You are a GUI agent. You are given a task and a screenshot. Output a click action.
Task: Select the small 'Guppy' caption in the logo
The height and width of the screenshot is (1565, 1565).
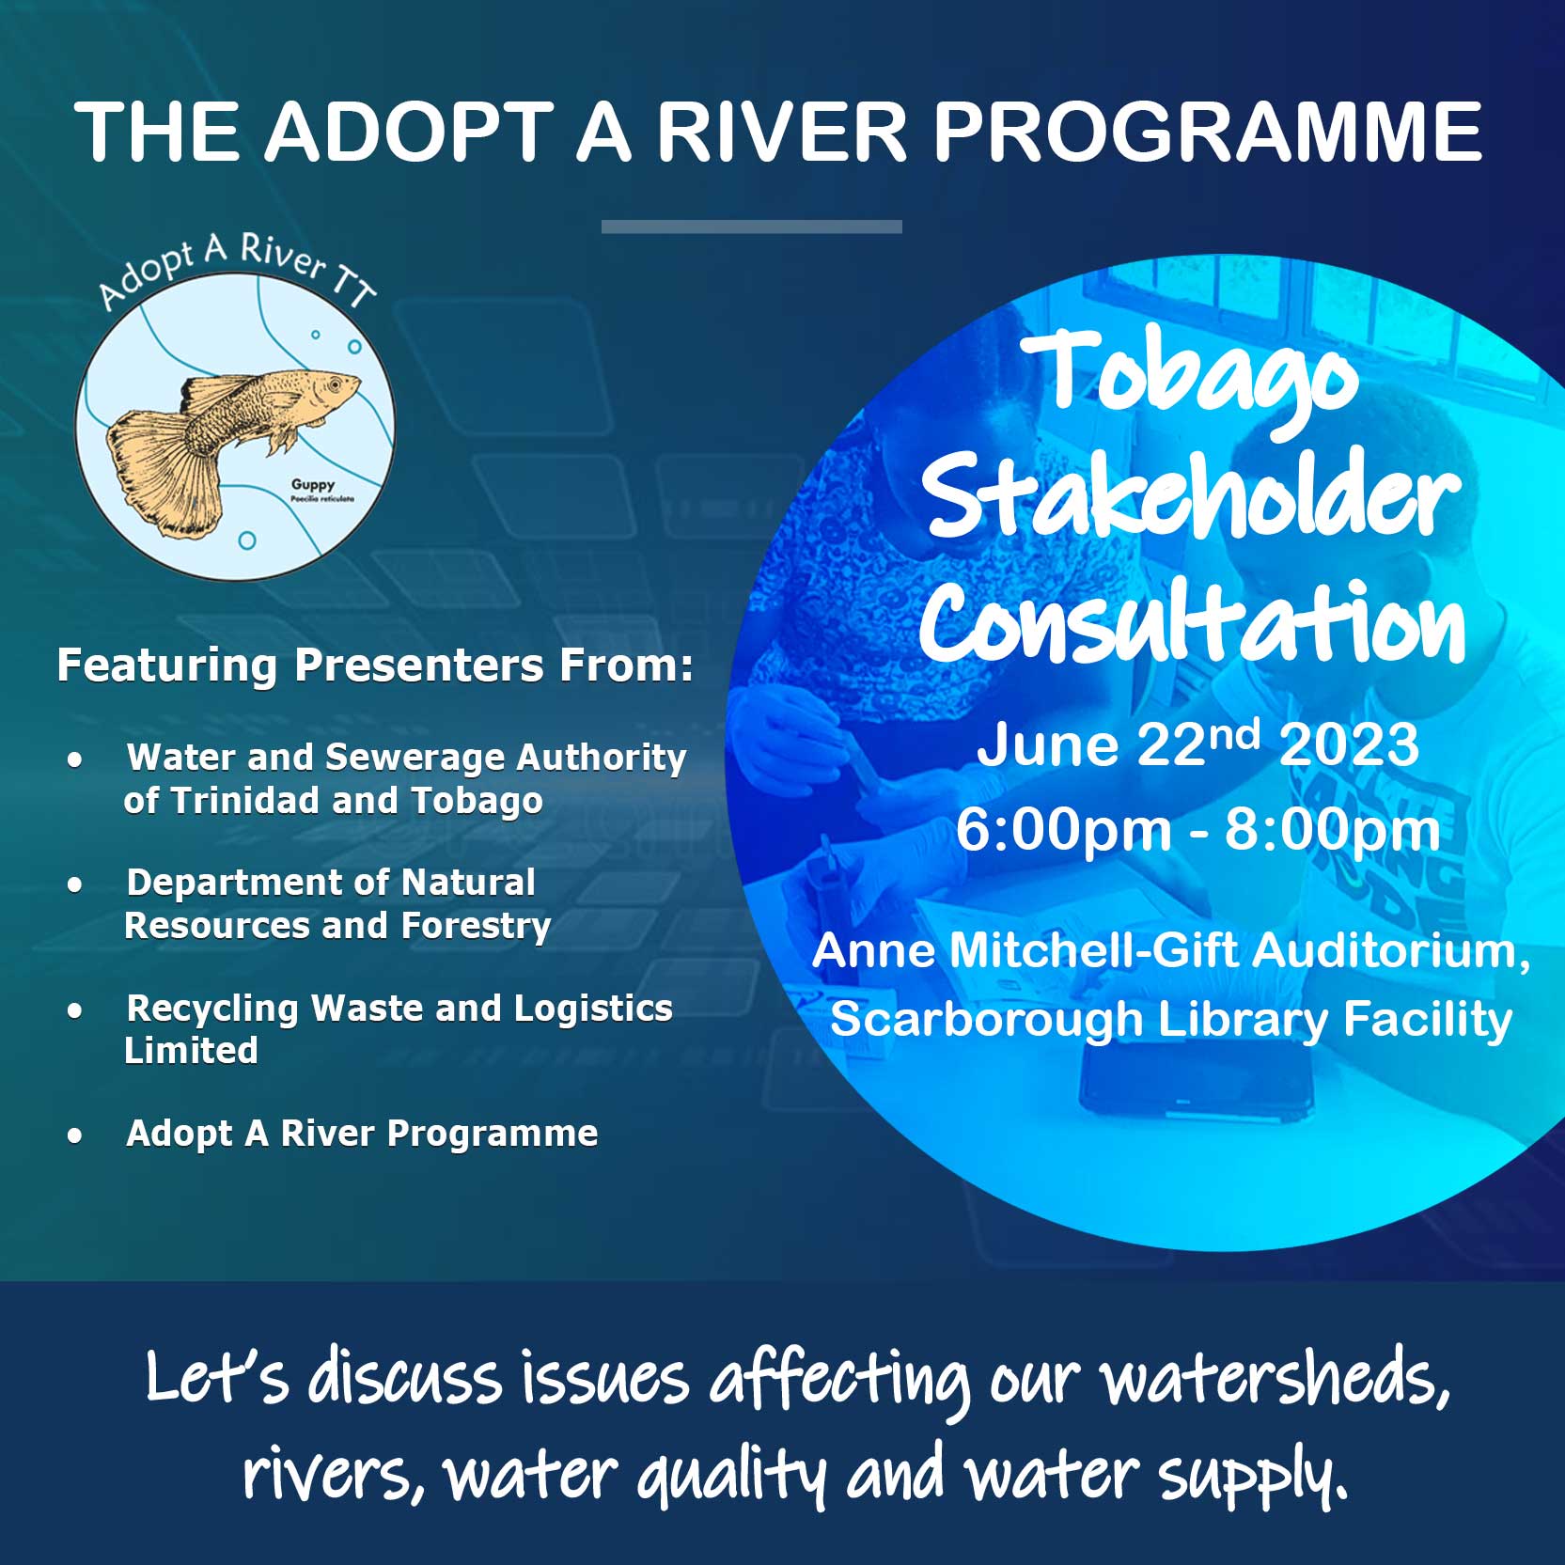313,485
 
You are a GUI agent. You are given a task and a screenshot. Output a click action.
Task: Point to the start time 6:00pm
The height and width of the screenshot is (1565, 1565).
1063,831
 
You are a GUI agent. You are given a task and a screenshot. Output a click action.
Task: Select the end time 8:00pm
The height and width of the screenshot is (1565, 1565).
1333,831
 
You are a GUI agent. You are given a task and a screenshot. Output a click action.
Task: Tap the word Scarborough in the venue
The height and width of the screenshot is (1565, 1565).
986,1021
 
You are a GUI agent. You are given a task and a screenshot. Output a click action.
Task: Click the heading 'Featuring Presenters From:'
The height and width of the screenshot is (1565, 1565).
375,665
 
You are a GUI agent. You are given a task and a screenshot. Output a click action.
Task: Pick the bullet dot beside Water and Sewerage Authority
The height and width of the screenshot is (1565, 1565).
75,759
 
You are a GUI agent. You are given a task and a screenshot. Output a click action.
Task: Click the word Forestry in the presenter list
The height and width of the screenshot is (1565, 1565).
476,926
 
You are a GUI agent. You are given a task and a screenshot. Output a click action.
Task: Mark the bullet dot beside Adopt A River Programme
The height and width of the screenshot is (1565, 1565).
75,1135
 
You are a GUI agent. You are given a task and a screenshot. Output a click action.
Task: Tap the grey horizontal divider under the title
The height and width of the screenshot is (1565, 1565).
752,227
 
